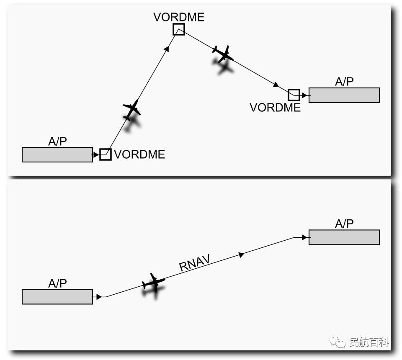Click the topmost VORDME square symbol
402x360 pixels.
tap(179, 29)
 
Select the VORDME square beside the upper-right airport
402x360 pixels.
tap(294, 95)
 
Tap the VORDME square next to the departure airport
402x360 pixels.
tap(106, 154)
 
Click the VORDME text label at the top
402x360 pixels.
tap(179, 17)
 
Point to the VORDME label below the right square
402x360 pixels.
tap(275, 108)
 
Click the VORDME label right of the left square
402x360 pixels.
tap(139, 154)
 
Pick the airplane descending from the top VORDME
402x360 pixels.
tap(223, 54)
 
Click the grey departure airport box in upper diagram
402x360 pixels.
tap(57, 154)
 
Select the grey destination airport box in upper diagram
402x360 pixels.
tap(344, 95)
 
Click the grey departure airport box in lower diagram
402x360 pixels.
tap(57, 296)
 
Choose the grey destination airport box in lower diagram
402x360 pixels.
tap(344, 237)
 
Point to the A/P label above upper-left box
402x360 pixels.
tap(57, 141)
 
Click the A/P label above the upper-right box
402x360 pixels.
tap(344, 82)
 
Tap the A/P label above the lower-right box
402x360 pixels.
tap(344, 224)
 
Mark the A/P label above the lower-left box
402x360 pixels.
tap(57, 283)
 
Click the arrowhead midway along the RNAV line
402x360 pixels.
tap(241, 255)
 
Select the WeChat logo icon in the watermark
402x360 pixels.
tap(338, 342)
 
